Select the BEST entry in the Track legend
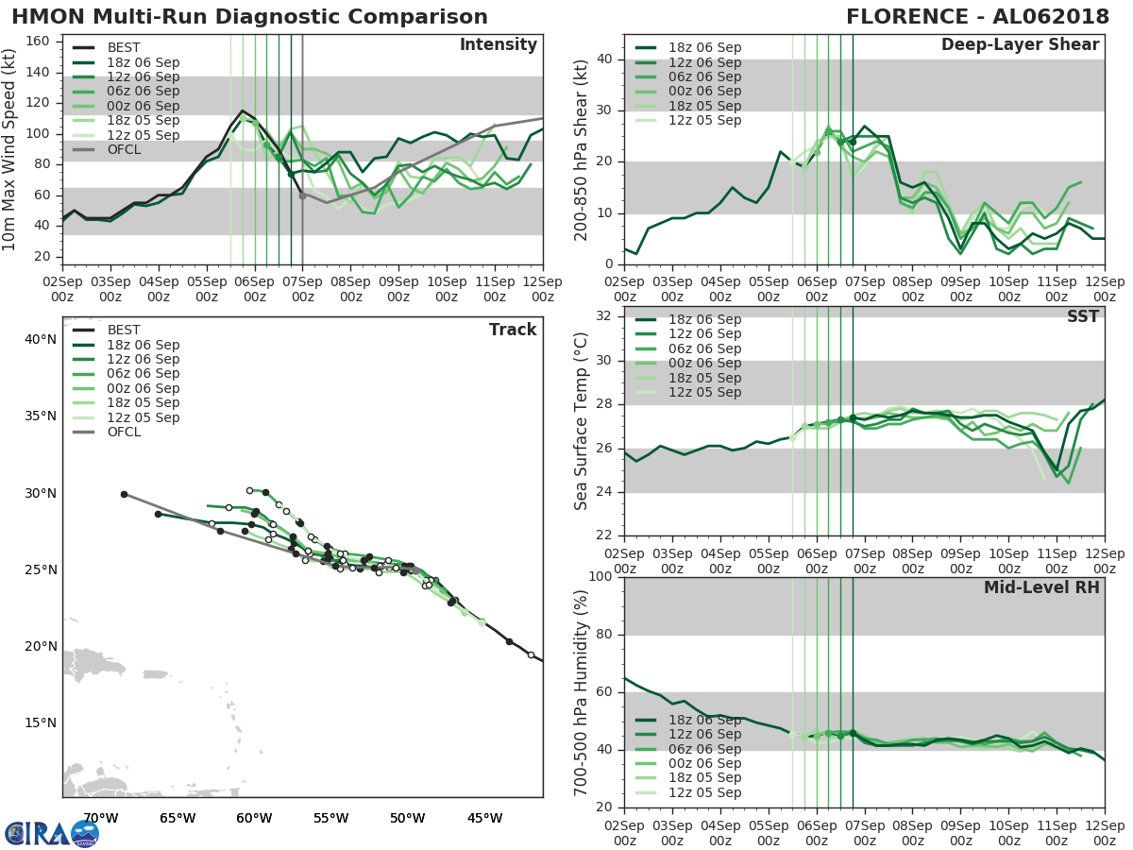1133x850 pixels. (124, 331)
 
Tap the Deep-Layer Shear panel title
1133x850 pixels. (1020, 45)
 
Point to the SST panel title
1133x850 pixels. (1082, 317)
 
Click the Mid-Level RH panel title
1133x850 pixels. (1041, 588)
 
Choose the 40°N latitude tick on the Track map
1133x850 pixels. (41, 339)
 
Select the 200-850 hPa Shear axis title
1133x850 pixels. (582, 150)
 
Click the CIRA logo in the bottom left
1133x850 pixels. (52, 833)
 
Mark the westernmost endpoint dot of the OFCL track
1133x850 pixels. (124, 494)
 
